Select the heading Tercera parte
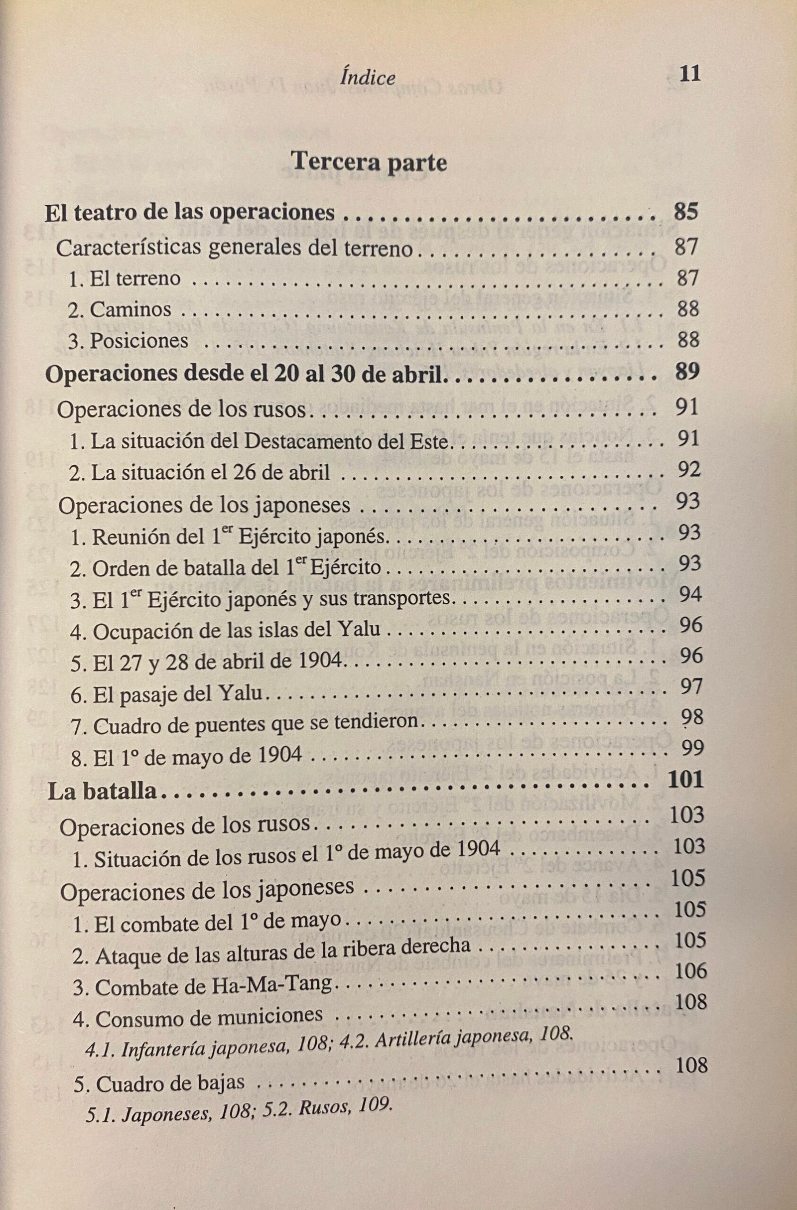pyautogui.click(x=370, y=163)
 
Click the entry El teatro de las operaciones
pyautogui.click(x=190, y=213)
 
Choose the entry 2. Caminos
pyautogui.click(x=120, y=310)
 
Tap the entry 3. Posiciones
pyautogui.click(x=128, y=341)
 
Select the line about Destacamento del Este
pyautogui.click(x=259, y=441)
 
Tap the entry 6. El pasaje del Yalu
pyautogui.click(x=166, y=694)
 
